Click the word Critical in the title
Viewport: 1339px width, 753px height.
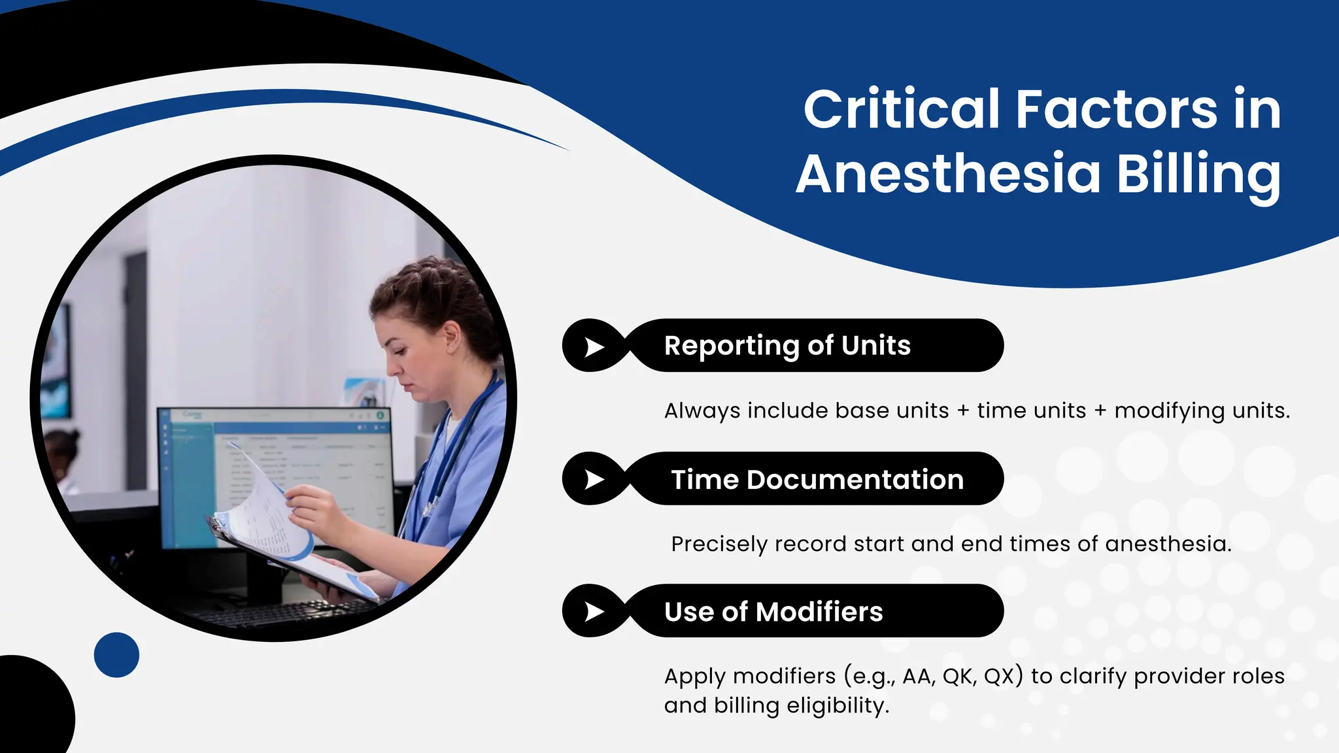click(x=902, y=109)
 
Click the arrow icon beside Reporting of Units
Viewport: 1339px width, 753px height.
click(x=594, y=346)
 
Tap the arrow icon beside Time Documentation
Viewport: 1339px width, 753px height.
click(x=594, y=479)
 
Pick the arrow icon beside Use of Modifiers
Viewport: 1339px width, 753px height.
click(x=594, y=612)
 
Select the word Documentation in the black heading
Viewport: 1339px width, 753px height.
click(x=855, y=480)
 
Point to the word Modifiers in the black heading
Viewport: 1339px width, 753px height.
click(x=819, y=612)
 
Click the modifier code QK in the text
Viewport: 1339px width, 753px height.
click(x=957, y=676)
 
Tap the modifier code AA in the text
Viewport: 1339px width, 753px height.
click(x=917, y=676)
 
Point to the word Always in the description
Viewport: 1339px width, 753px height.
click(x=702, y=410)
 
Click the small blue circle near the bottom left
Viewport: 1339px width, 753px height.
click(x=116, y=654)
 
